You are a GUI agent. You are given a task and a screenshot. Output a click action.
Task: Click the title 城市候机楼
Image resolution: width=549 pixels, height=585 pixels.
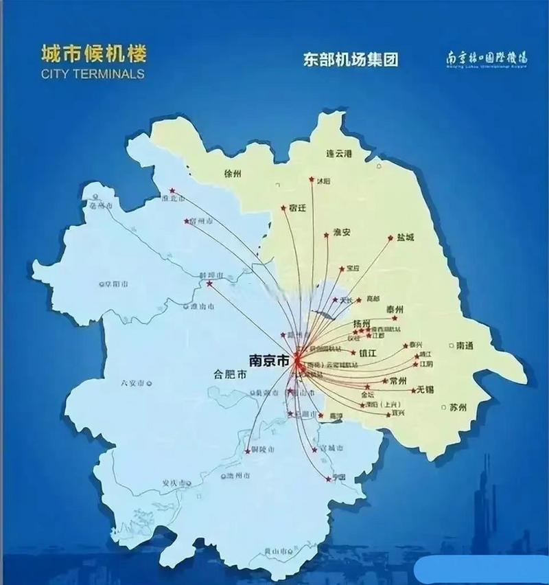[x=93, y=54]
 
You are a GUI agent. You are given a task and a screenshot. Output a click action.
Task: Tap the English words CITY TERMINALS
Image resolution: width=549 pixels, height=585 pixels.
[x=93, y=73]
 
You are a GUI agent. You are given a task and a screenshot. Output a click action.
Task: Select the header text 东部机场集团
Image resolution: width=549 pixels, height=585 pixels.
[x=350, y=59]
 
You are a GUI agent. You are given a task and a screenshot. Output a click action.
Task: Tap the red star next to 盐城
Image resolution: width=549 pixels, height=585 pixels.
[x=391, y=239]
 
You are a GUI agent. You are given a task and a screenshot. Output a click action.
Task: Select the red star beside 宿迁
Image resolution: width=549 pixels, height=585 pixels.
[x=283, y=207]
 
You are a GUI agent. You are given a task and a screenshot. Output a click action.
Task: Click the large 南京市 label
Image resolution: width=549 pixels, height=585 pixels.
[x=269, y=359]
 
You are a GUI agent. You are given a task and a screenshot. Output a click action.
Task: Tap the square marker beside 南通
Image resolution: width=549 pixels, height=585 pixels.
[x=451, y=345]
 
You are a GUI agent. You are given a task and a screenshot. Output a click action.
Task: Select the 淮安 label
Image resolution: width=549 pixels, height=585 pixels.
[x=342, y=232]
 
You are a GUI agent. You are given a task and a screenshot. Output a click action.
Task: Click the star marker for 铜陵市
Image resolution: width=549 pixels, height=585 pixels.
[x=248, y=450]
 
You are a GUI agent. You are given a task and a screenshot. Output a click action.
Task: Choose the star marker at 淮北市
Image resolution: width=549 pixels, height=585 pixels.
[x=172, y=191]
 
